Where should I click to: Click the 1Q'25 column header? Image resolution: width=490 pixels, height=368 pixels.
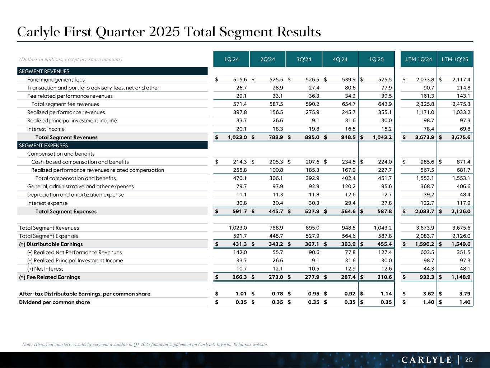pyautogui.click(x=376, y=59)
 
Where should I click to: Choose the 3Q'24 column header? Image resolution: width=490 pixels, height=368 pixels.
pyautogui.click(x=304, y=59)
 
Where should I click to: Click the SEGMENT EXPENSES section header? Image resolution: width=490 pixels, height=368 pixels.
pyautogui.click(x=43, y=146)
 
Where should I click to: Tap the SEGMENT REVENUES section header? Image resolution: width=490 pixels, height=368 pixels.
pyautogui.click(x=44, y=72)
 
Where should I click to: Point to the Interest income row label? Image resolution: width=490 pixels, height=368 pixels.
pyautogui.click(x=46, y=129)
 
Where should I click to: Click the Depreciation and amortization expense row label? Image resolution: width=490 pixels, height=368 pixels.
pyautogui.click(x=75, y=195)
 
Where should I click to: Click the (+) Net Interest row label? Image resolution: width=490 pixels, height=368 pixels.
pyautogui.click(x=45, y=269)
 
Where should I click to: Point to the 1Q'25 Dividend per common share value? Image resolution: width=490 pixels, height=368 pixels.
pyautogui.click(x=386, y=302)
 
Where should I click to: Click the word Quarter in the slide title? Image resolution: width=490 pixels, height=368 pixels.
pyautogui.click(x=120, y=32)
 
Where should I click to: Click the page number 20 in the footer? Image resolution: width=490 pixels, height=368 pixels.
pyautogui.click(x=469, y=360)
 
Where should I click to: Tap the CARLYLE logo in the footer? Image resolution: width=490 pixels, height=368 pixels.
pyautogui.click(x=426, y=360)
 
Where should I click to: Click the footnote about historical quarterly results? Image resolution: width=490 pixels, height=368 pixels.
pyautogui.click(x=145, y=344)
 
